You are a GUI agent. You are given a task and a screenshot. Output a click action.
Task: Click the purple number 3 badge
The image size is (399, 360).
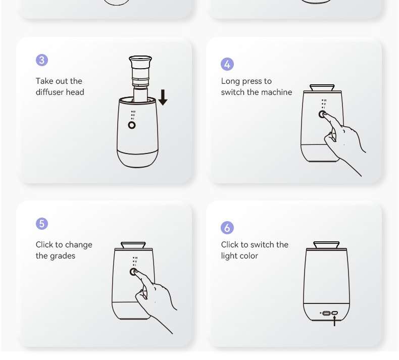point(42,60)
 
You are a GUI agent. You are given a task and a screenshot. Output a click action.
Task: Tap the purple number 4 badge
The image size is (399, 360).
point(227,64)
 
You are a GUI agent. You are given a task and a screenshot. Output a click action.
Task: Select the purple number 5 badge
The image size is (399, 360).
point(42,224)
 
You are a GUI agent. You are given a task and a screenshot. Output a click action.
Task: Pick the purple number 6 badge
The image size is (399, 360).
point(227,227)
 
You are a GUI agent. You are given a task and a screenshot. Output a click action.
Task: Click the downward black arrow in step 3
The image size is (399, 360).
point(163,97)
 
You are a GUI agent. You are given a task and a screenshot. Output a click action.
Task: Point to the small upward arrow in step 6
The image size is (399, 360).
point(334,321)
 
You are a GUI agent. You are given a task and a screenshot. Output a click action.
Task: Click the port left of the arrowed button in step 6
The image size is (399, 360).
point(326,313)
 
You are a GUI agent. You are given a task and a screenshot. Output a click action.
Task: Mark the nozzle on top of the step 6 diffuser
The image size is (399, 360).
point(326,245)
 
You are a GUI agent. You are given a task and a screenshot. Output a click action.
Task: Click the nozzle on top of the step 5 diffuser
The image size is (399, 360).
point(133,245)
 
